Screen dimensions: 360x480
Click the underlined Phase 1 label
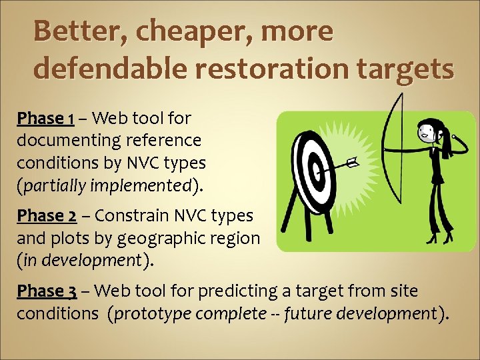45,119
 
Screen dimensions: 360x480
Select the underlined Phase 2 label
45,216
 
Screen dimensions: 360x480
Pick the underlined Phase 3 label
45,291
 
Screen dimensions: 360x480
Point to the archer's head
427,132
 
